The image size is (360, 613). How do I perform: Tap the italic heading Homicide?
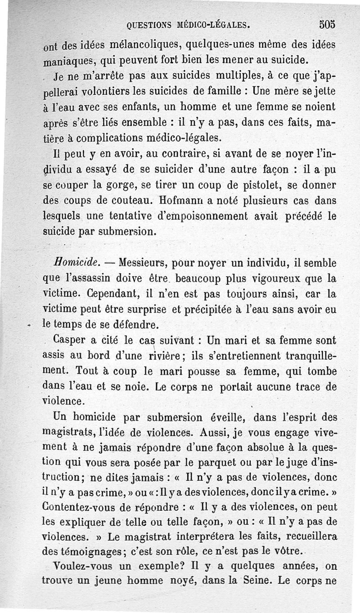tap(72, 262)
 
